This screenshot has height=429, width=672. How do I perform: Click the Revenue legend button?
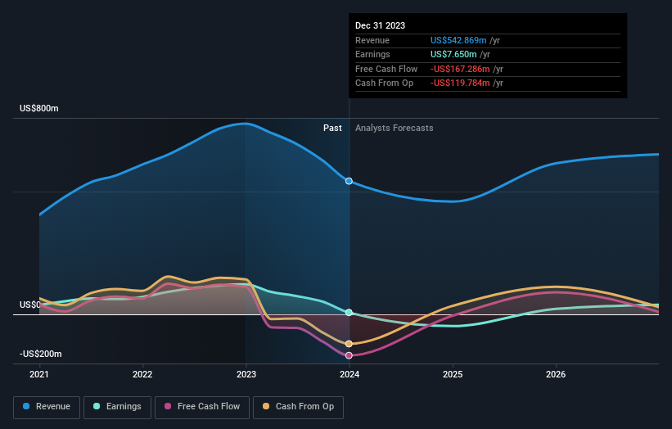coord(47,406)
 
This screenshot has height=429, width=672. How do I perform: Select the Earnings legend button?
coord(117,406)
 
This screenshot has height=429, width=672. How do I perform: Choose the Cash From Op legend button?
coord(298,406)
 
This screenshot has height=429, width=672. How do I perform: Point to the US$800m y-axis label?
coord(39,109)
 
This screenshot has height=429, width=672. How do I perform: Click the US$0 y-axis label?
coord(30,305)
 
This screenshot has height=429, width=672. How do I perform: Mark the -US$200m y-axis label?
coord(41,354)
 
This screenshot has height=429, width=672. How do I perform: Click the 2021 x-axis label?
coord(39,375)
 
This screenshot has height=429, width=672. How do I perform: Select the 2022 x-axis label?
coord(142,375)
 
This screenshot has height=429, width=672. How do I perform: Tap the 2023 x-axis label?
coord(246,375)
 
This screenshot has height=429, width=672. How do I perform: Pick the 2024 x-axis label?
coord(350,375)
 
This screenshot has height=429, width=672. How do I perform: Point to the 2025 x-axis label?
coord(453,375)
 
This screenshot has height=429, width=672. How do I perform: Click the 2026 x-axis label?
coord(556,375)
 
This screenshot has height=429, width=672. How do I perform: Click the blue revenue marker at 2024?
coord(350,181)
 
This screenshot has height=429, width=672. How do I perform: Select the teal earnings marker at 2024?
coord(350,313)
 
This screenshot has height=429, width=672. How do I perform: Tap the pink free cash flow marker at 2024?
coord(350,355)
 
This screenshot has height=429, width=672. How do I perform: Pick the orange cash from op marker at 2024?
coord(350,344)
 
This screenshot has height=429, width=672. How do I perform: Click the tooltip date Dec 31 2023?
coord(381,25)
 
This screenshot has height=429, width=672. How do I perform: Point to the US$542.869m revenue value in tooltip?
coord(459,40)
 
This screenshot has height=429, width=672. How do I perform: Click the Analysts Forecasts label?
coord(394,128)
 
